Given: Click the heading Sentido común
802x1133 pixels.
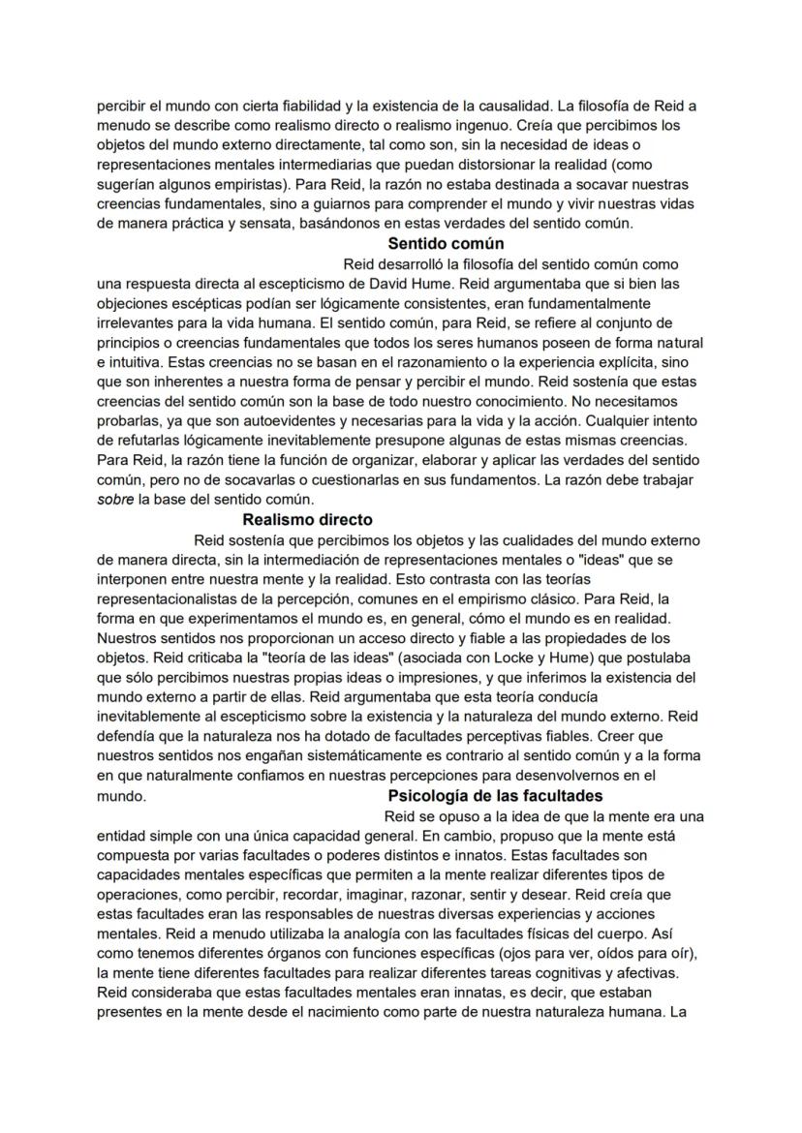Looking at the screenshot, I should [445, 243].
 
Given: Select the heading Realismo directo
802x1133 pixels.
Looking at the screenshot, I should [307, 519].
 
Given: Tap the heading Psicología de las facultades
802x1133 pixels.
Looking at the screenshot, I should [495, 796].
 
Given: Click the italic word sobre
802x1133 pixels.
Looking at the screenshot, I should [115, 500].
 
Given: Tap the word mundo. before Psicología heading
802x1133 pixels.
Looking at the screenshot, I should [121, 796].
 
